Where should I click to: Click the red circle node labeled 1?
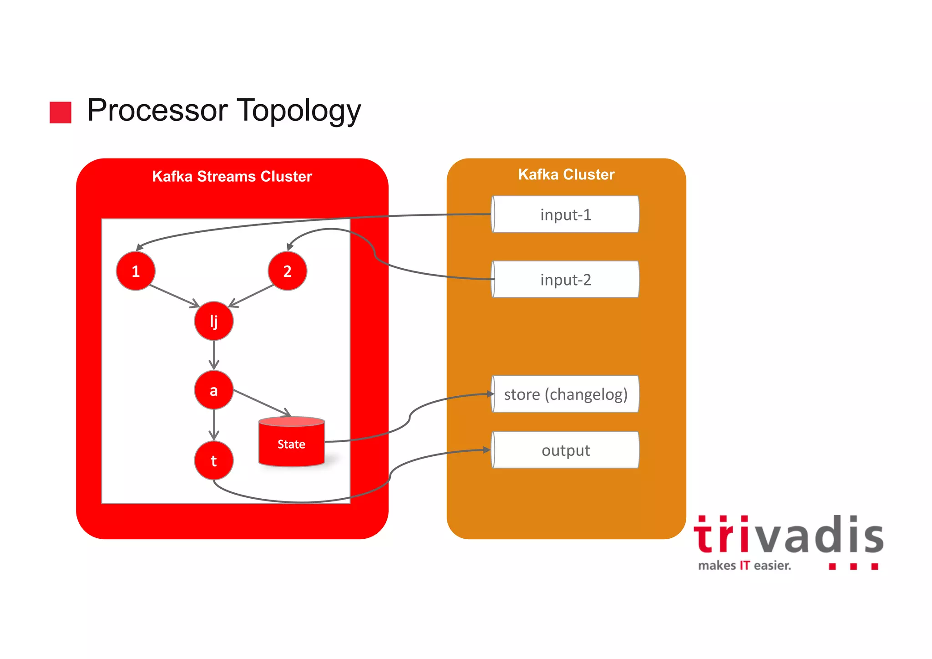click(x=136, y=271)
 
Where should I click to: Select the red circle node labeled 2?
click(x=287, y=271)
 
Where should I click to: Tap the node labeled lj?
click(x=213, y=321)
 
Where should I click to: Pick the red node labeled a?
click(x=213, y=390)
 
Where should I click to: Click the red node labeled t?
click(x=213, y=460)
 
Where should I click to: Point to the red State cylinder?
click(x=291, y=443)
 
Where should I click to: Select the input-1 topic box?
click(x=566, y=215)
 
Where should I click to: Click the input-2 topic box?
click(x=566, y=280)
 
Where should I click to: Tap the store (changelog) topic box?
click(x=566, y=394)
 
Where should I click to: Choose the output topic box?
click(x=566, y=450)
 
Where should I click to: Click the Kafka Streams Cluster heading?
click(x=232, y=176)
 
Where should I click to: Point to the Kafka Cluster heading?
click(x=566, y=174)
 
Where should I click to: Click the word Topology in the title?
click(x=299, y=111)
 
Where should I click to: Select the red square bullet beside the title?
click(x=61, y=112)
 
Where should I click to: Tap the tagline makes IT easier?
click(x=745, y=566)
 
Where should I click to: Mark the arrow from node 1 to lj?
click(x=174, y=296)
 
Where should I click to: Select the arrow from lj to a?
click(x=213, y=354)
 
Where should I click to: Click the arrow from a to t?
click(x=213, y=424)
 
